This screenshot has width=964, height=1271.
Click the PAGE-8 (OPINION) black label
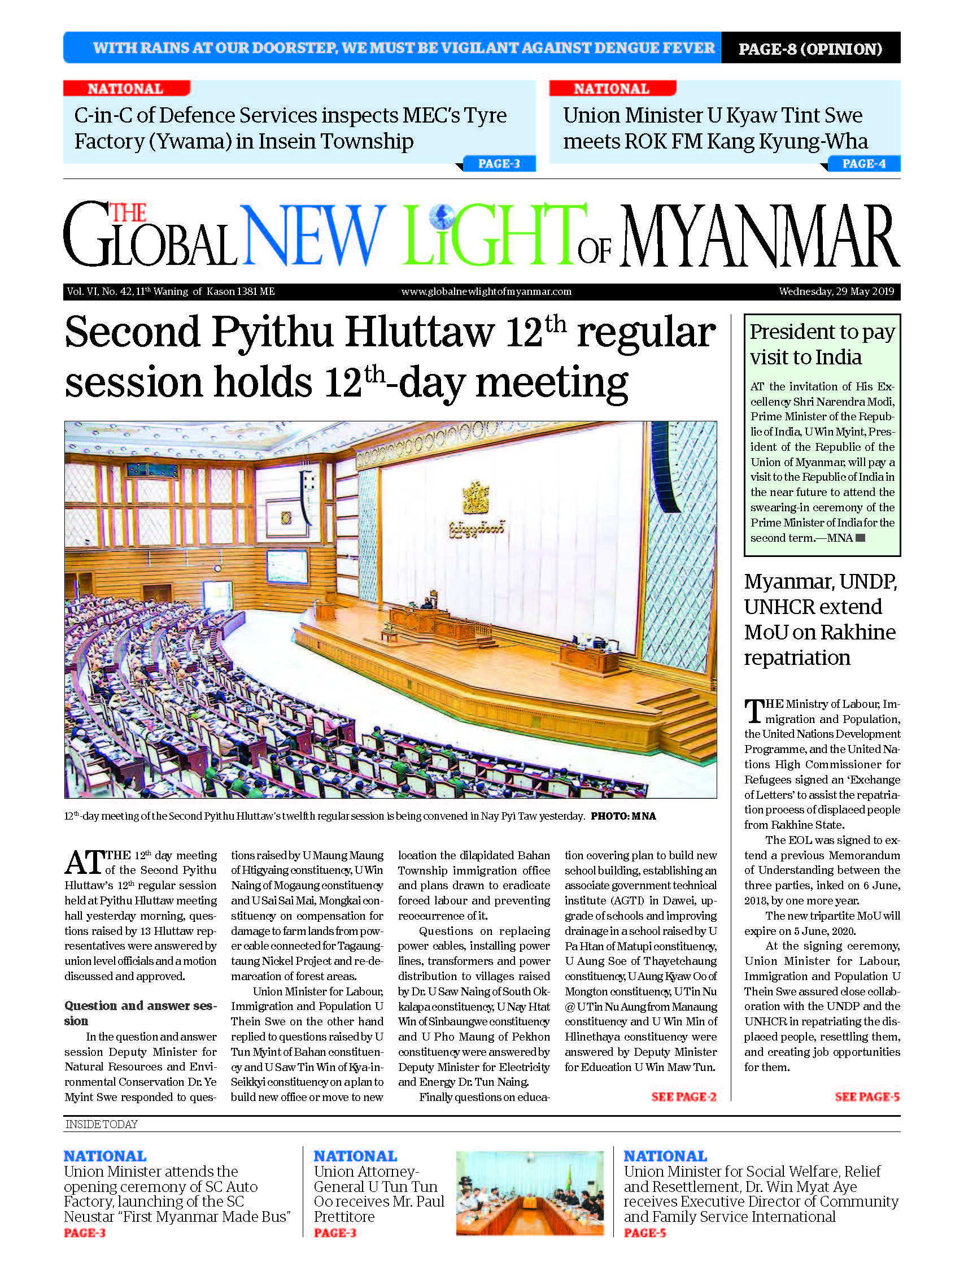pyautogui.click(x=810, y=49)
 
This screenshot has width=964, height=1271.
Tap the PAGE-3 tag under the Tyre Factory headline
pyautogui.click(x=499, y=164)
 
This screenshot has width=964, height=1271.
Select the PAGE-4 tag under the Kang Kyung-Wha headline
pyautogui.click(x=863, y=164)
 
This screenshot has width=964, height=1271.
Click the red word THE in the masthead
pyautogui.click(x=128, y=213)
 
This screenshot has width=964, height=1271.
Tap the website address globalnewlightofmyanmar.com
pyautogui.click(x=486, y=291)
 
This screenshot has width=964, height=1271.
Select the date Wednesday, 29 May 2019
pyautogui.click(x=836, y=291)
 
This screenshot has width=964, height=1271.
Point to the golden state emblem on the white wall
pyautogui.click(x=476, y=498)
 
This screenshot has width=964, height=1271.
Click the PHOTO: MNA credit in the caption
pyautogui.click(x=623, y=816)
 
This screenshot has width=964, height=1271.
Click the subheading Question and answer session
pyautogui.click(x=140, y=1013)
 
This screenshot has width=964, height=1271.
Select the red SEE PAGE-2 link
pyautogui.click(x=683, y=1097)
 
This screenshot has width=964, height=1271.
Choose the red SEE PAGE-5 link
pyautogui.click(x=866, y=1097)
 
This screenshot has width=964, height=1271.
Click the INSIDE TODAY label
pyautogui.click(x=102, y=1125)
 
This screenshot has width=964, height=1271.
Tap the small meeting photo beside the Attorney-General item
pyautogui.click(x=530, y=1194)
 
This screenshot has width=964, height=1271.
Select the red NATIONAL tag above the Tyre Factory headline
pyautogui.click(x=126, y=89)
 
